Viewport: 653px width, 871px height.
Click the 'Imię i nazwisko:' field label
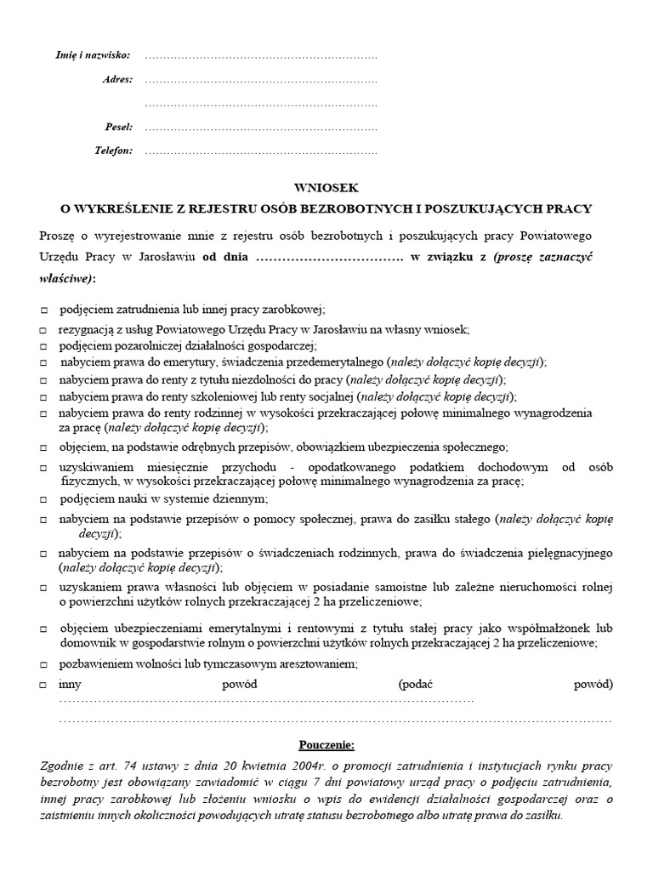point(94,55)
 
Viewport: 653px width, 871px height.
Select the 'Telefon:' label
point(113,151)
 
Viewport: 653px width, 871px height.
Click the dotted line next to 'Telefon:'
point(260,152)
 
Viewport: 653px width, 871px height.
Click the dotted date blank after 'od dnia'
point(329,257)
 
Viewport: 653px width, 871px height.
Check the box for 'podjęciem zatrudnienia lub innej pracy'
point(43,311)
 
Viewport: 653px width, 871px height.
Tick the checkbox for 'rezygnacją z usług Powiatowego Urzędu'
point(43,329)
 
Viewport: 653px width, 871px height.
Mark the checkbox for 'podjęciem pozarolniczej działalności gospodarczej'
point(43,346)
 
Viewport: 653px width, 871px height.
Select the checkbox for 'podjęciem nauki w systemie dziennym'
point(43,499)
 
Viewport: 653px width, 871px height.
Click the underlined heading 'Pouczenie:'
point(327,745)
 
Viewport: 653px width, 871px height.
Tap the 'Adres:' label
point(116,79)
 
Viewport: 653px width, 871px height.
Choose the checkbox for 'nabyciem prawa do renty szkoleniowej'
point(43,397)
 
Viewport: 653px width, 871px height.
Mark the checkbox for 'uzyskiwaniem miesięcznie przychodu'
point(43,468)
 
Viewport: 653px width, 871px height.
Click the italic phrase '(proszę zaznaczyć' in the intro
point(548,257)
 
